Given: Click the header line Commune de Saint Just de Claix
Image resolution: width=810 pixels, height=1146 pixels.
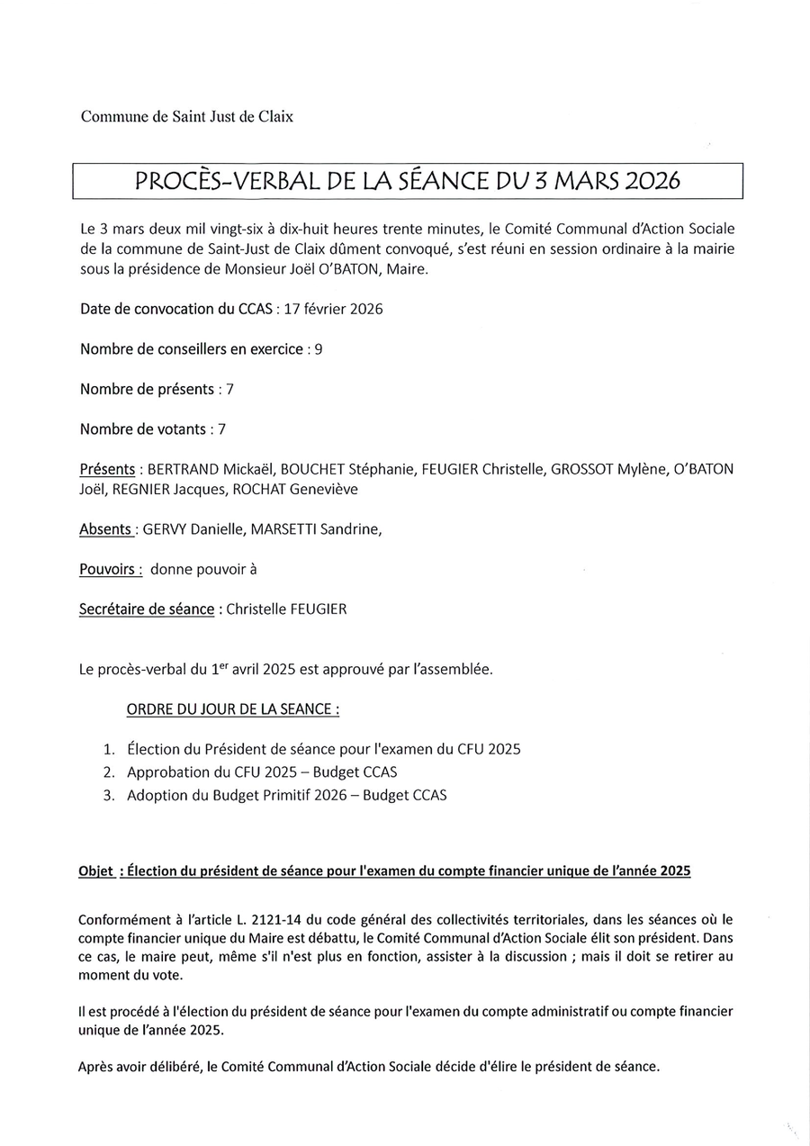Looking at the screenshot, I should coord(186,116).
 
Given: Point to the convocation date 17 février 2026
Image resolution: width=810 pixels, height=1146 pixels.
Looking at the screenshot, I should coord(333,310).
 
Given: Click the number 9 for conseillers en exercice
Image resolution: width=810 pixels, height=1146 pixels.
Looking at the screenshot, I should coord(319,349).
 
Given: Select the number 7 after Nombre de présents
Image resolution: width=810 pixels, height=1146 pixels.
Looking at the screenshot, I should coord(229,390).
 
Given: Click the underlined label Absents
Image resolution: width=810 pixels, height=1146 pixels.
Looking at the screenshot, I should coord(106,529).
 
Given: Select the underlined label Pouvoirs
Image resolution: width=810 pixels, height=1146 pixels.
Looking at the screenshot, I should coord(110,570).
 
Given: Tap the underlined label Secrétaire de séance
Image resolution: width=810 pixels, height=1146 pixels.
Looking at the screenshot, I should coord(146,609).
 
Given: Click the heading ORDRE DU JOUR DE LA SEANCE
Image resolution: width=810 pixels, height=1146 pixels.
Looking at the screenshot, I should coord(233,709).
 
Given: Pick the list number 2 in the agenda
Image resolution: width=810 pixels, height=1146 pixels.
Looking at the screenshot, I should coord(110,772).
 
